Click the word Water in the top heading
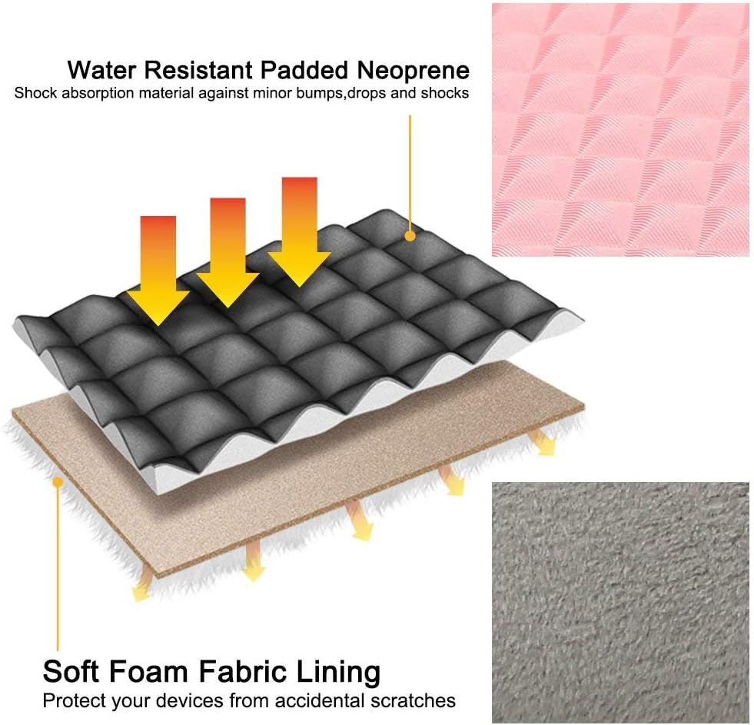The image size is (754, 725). (102, 70)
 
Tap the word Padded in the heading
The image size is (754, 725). (304, 70)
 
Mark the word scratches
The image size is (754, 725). (413, 700)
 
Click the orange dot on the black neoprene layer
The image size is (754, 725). (410, 236)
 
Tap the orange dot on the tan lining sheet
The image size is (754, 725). (58, 481)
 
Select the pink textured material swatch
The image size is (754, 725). (620, 130)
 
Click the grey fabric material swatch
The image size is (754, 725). (620, 602)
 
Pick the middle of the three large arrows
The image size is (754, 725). (228, 253)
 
